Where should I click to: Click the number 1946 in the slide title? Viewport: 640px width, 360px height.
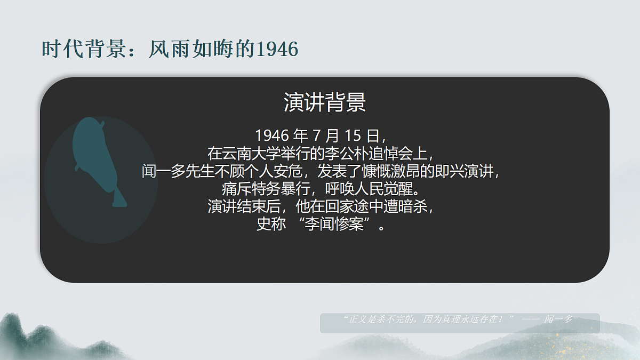(277, 50)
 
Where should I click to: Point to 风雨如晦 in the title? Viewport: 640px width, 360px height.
(192, 50)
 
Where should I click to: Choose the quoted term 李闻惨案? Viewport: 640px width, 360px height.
(335, 225)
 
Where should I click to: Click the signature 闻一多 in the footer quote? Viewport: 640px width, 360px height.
(558, 319)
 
